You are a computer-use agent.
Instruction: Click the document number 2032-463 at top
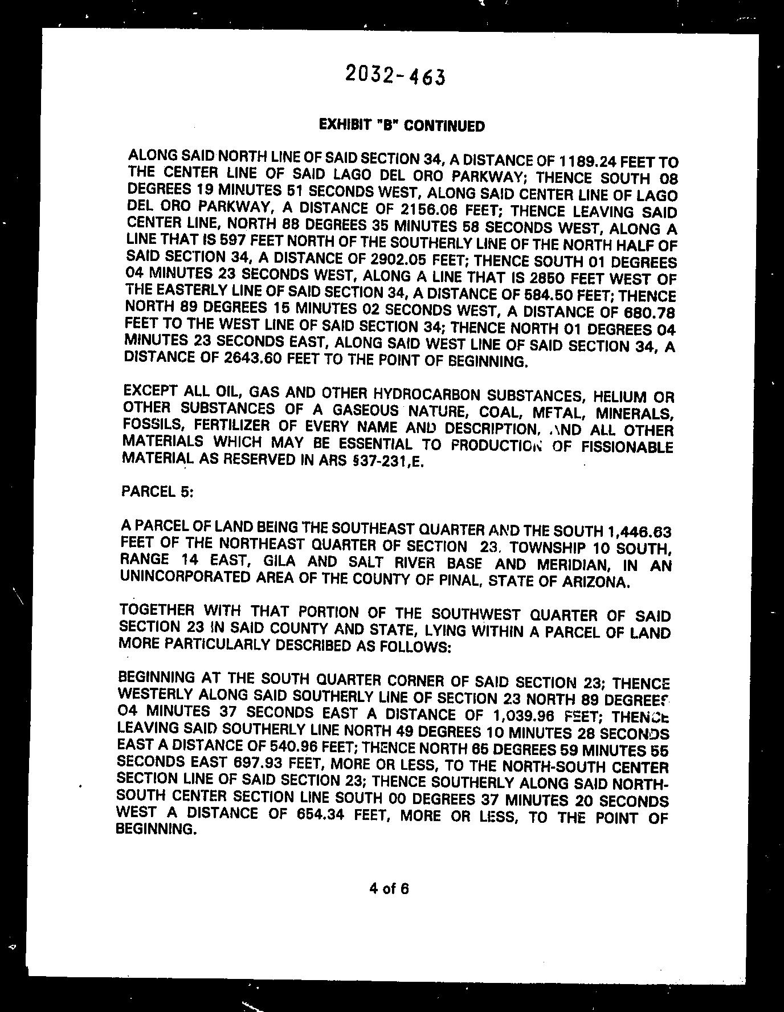coord(395,75)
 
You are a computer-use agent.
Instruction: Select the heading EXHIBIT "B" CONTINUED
coord(402,125)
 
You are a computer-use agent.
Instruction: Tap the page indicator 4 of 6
coord(389,888)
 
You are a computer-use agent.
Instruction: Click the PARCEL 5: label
coord(158,491)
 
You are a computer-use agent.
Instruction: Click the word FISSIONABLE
coord(626,447)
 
